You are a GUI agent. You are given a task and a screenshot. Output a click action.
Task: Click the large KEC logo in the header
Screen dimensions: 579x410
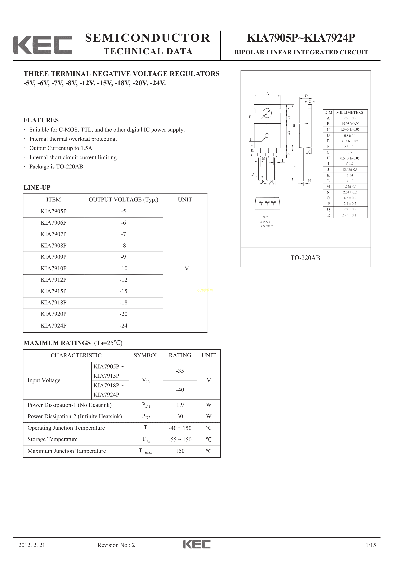click(42, 45)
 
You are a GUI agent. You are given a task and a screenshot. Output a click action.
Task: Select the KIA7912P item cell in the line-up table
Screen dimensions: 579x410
click(54, 280)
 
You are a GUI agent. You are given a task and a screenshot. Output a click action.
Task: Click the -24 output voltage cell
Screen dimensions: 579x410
click(123, 326)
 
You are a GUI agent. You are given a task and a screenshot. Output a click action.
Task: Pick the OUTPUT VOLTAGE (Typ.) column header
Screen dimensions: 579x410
click(123, 200)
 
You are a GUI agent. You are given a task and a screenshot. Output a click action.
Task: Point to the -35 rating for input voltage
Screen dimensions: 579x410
click(180, 371)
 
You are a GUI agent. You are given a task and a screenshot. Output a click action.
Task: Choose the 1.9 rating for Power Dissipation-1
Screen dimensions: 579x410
click(180, 405)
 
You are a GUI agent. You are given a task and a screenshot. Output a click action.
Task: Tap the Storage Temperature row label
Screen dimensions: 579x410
click(53, 439)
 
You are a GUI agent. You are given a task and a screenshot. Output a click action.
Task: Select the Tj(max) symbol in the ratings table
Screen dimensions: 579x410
click(146, 451)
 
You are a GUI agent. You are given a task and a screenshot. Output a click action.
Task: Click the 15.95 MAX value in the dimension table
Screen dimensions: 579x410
click(350, 124)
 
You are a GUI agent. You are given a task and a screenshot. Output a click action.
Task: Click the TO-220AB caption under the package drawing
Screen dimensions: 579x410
click(305, 258)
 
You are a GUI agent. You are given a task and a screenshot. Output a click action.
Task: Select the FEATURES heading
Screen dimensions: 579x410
click(41, 120)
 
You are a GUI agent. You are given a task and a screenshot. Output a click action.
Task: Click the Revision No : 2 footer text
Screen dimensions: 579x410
click(116, 545)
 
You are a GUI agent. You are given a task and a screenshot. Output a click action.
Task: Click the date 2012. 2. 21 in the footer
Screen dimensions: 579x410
click(32, 545)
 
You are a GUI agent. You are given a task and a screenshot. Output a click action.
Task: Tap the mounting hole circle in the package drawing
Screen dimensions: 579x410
click(267, 113)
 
